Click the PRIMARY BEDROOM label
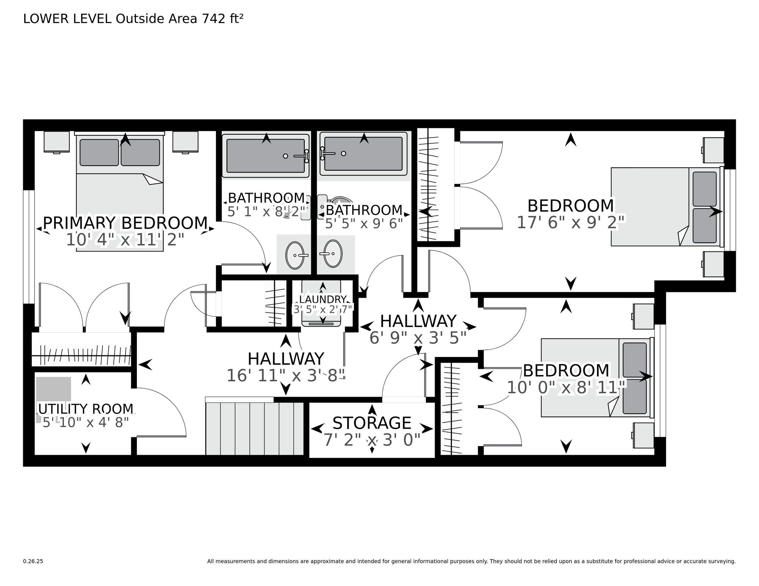tap(125, 223)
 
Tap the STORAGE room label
tap(372, 423)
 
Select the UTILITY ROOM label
tap(87, 409)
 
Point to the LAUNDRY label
tap(323, 299)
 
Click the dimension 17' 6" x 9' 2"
tap(571, 223)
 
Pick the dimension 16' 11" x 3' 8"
tap(286, 375)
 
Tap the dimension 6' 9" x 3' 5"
tap(418, 338)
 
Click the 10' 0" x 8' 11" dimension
tap(566, 387)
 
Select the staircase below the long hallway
tap(255, 426)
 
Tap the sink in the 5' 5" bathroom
tap(333, 253)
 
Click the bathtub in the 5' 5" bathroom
tap(364, 154)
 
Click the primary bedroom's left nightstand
tap(57, 142)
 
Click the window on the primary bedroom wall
tap(29, 247)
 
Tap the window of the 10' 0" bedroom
tap(660, 380)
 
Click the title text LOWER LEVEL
tap(68, 19)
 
